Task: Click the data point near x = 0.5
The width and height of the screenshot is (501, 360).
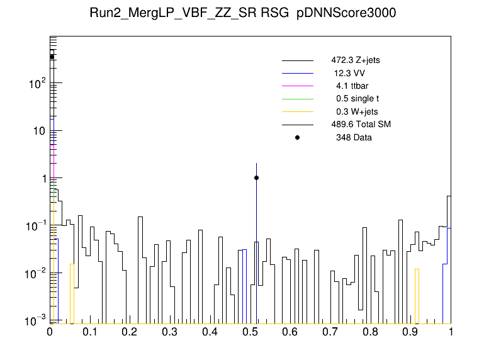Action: pos(256,177)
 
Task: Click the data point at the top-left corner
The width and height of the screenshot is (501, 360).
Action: pos(52,57)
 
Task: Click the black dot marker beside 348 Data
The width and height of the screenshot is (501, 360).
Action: pos(298,137)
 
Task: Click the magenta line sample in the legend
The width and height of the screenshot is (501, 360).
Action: pos(298,86)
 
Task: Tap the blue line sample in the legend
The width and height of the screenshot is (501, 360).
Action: pos(298,74)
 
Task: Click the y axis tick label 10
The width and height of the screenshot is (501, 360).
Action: pos(40,131)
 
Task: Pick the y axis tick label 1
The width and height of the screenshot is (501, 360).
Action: pos(43,179)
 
